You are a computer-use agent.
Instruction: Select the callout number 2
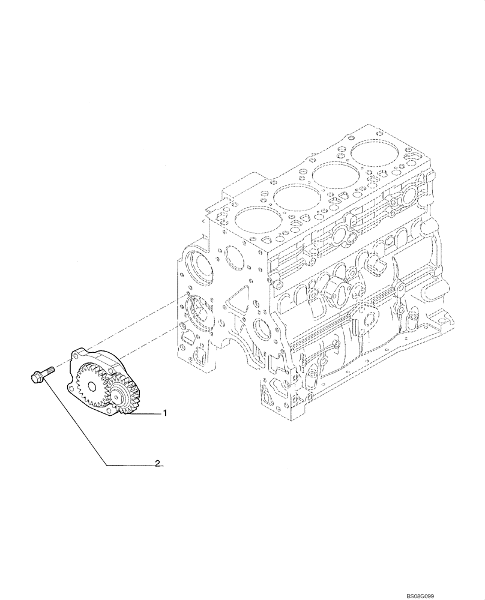point(157,464)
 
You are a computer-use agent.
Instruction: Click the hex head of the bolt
point(35,377)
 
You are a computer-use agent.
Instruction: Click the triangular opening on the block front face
point(239,299)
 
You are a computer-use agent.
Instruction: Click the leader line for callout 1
point(147,414)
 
